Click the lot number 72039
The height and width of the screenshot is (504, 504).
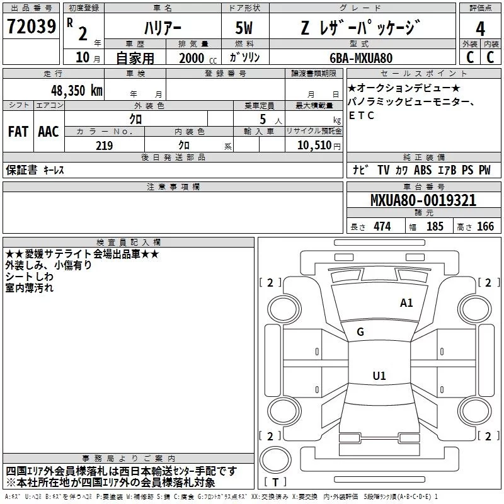31,26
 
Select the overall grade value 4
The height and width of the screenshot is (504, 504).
480,29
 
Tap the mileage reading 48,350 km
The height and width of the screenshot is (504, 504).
77,90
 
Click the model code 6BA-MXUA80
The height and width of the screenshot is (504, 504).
361,58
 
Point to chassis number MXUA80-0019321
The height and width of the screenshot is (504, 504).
423,200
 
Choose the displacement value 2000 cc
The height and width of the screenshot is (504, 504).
198,58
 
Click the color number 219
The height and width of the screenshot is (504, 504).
104,146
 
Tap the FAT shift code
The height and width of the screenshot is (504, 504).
18,132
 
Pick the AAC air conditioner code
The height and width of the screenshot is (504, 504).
49,132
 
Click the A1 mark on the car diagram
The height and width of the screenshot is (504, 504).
406,303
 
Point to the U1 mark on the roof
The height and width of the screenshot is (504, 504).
379,375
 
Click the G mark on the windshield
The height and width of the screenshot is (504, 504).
360,332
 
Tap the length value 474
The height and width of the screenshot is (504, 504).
382,227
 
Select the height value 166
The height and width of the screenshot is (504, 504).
485,227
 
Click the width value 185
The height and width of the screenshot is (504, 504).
435,227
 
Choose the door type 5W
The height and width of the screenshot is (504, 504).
244,28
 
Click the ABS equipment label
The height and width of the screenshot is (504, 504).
423,170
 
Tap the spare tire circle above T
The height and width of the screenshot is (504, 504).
275,460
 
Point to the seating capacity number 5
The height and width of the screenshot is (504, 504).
263,119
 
